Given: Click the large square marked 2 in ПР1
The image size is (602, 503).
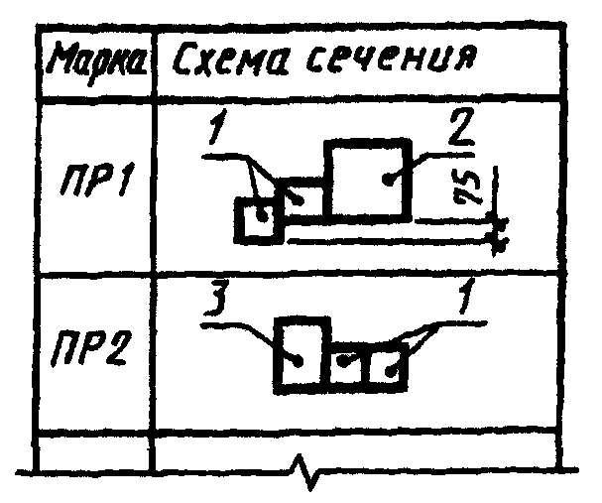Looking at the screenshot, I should point(369,180).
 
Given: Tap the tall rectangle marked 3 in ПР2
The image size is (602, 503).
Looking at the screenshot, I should point(301,354).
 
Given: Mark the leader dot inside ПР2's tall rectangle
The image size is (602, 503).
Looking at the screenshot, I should point(299,361).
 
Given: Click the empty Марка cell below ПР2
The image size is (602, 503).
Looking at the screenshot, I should point(93,450).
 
